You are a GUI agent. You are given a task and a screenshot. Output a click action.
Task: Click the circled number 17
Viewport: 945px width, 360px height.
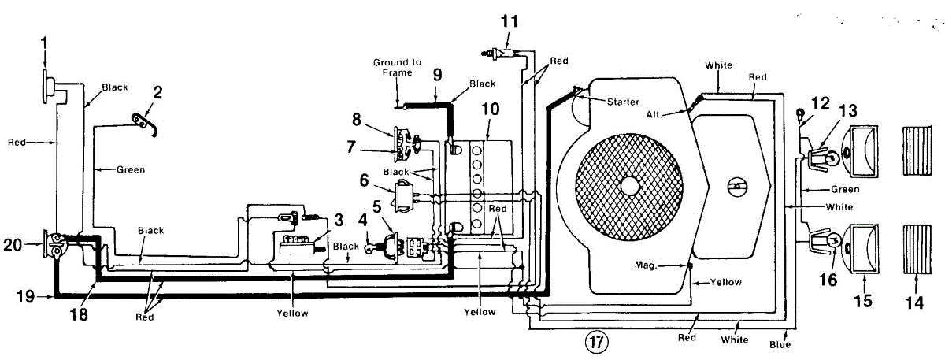coord(597,341)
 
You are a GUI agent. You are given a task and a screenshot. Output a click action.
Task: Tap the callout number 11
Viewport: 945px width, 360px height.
coord(510,21)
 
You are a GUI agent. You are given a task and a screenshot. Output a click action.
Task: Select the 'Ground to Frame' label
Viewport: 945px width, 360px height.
coord(397,68)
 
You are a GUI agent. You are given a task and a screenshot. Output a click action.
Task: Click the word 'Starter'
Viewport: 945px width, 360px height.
coord(623,102)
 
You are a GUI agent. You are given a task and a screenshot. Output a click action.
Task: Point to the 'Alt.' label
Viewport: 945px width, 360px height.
coord(653,114)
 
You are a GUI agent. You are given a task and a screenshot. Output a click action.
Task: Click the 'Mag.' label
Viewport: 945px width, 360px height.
coord(646,265)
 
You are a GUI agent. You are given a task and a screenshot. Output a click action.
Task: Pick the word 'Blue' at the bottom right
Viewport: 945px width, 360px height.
coord(780,344)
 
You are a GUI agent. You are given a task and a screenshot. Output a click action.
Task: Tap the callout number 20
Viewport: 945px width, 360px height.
coord(13,245)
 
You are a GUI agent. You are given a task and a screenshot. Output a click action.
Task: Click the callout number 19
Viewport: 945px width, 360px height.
coord(25,296)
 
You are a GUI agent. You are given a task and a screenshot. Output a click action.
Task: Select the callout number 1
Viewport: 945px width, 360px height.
coord(44,43)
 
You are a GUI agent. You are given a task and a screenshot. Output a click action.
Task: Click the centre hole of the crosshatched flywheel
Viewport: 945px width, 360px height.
coord(629,186)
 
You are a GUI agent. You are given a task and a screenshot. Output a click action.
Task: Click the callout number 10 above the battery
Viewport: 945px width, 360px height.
coord(490,109)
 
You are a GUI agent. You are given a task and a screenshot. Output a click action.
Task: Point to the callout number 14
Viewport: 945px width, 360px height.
coord(914,303)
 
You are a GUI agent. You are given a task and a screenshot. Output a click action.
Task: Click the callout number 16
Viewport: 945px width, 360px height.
coord(828,280)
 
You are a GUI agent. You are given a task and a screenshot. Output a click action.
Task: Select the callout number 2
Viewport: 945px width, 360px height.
coord(157,92)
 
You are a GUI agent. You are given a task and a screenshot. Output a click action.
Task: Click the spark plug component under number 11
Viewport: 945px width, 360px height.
coord(501,53)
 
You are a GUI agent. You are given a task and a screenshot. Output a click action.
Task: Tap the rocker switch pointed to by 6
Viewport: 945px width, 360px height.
coord(405,196)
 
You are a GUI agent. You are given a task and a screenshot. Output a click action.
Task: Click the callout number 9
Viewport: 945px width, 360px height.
coord(438,75)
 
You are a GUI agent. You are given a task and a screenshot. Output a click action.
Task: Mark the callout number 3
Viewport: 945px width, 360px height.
coord(339,220)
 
